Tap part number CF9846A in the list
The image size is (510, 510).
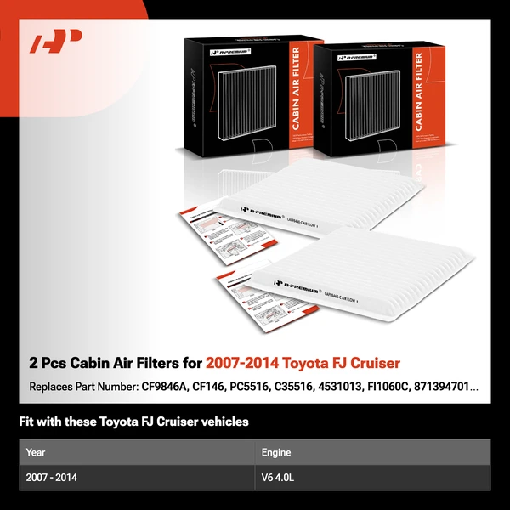click(x=165, y=387)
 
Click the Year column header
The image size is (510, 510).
click(x=36, y=452)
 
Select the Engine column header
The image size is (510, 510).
click(x=276, y=452)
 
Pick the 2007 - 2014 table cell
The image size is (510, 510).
click(x=52, y=478)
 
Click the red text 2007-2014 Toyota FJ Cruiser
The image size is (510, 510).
click(x=303, y=364)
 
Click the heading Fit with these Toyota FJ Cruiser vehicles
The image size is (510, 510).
click(x=133, y=422)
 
